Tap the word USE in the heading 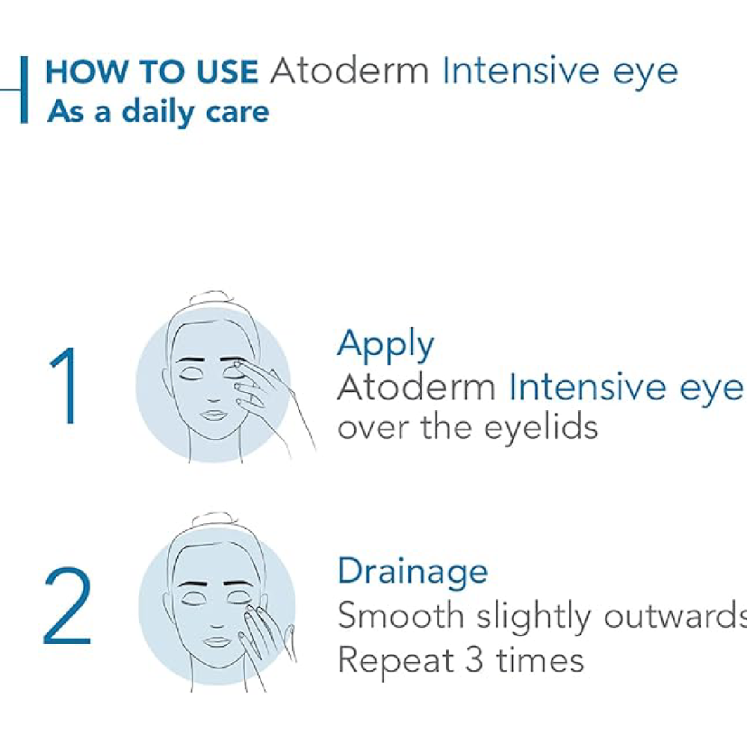coord(227,72)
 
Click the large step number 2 coord(67,606)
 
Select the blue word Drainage coord(412,571)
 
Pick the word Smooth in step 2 coord(400,615)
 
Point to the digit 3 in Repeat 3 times coord(474,660)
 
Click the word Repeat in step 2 coord(396,661)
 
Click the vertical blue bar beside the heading coord(24,90)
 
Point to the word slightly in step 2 coord(533,616)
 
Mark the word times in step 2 coord(540,661)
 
